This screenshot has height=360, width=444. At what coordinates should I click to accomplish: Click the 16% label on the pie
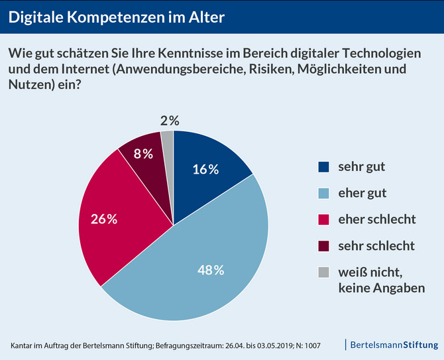click(205, 169)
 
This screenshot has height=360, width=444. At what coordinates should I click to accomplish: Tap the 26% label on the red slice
click(105, 219)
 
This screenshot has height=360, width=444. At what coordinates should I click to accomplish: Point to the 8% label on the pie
click(143, 154)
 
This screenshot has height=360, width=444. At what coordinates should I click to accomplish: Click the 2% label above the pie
click(170, 121)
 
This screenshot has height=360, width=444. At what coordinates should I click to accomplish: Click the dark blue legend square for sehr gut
click(323, 167)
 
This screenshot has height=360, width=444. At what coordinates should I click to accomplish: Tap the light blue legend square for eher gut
click(323, 194)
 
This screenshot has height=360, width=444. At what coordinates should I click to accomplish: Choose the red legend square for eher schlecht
click(323, 219)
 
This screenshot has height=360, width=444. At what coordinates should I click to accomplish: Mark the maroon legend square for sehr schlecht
click(323, 246)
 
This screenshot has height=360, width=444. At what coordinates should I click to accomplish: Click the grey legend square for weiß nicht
click(323, 272)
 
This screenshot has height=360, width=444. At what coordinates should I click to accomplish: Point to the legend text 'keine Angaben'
click(381, 288)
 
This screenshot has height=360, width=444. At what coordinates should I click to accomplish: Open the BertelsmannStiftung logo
click(393, 345)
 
